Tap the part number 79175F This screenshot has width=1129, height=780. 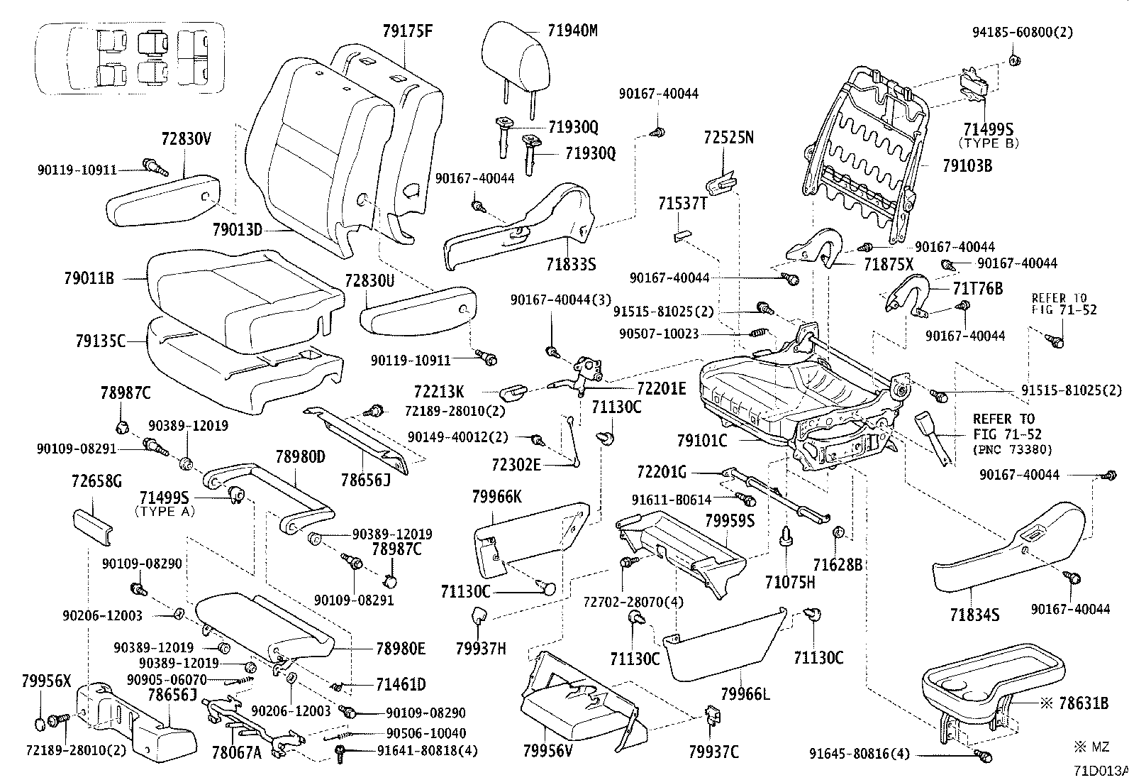click(407, 31)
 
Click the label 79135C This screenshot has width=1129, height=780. click(101, 341)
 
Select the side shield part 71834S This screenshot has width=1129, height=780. click(1008, 547)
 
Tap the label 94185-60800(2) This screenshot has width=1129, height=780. click(1023, 32)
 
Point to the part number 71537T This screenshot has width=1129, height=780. click(683, 203)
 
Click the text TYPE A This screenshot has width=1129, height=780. click(165, 512)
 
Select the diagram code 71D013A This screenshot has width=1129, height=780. click(1101, 771)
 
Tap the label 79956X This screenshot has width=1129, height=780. click(46, 681)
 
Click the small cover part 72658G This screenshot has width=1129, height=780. click(93, 527)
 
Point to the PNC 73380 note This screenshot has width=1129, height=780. click(1013, 449)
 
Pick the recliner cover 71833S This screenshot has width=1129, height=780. click(519, 227)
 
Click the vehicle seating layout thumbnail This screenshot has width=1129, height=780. click(131, 58)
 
